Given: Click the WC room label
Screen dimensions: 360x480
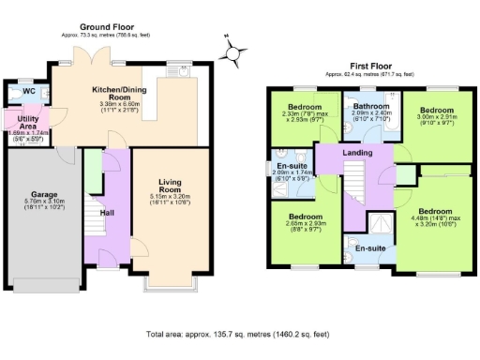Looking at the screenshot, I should pyautogui.click(x=28, y=91).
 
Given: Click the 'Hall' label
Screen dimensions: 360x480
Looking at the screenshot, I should pyautogui.click(x=108, y=213).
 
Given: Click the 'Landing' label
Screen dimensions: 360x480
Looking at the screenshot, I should pyautogui.click(x=356, y=152).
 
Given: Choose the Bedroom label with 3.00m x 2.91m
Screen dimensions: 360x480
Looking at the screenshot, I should pyautogui.click(x=436, y=108).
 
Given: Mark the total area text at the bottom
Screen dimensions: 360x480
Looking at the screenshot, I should pyautogui.click(x=239, y=333).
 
